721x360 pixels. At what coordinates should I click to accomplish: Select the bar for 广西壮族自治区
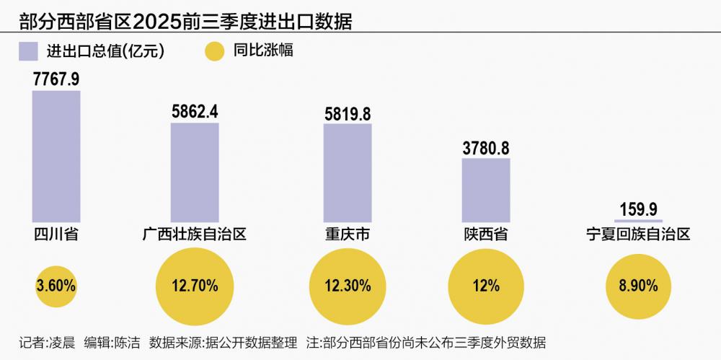(x=195, y=172)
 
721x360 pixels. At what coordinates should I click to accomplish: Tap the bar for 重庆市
(x=348, y=173)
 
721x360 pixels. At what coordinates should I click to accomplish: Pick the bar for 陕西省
(x=486, y=190)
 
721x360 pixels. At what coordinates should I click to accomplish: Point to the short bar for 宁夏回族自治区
(x=638, y=220)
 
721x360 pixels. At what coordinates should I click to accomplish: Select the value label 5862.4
(x=195, y=112)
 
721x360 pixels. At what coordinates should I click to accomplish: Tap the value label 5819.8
(x=348, y=113)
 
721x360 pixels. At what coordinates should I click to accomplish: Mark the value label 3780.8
(x=486, y=147)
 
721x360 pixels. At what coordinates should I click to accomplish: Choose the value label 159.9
(x=638, y=209)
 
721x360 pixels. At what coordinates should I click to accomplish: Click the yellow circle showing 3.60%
(x=56, y=285)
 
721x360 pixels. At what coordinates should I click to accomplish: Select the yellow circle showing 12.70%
(x=195, y=285)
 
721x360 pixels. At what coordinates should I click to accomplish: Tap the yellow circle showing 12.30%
(x=348, y=285)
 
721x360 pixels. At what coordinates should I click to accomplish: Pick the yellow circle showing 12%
(x=486, y=285)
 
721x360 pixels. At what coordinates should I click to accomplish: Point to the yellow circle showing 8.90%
(x=638, y=285)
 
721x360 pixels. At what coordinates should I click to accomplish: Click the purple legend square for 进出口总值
(x=28, y=51)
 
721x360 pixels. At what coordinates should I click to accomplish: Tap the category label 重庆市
(x=348, y=234)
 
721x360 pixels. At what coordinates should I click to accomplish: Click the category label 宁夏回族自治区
(x=638, y=234)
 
